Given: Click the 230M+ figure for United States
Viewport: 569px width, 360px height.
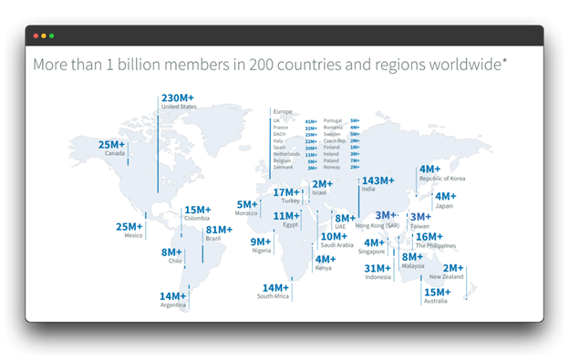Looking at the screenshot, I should click(176, 98).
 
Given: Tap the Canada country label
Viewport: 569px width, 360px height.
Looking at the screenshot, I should click(114, 153).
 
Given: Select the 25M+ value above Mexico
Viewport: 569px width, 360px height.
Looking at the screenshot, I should click(129, 226).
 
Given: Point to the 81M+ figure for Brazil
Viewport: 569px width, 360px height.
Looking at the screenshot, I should click(220, 230).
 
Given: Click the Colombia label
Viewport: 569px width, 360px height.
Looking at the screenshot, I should click(197, 218).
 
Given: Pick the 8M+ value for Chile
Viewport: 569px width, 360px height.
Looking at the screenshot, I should click(171, 252).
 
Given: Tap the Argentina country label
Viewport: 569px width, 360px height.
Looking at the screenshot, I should click(173, 304).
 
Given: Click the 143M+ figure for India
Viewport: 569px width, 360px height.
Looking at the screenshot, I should click(378, 180).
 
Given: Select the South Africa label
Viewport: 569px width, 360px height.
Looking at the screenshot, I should click(273, 296).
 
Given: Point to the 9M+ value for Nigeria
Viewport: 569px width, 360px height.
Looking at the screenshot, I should click(262, 242).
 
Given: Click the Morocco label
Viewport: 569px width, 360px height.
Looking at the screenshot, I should click(246, 213).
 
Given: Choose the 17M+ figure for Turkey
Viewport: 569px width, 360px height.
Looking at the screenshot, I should click(287, 192).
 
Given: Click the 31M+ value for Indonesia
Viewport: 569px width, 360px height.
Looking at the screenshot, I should click(378, 268).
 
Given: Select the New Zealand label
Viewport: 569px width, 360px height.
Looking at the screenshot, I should click(447, 276).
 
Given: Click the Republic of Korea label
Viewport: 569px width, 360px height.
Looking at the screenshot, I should click(441, 179).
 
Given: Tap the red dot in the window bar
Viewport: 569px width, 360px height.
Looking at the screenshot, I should click(36, 36).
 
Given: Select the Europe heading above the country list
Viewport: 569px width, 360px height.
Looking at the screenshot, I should click(283, 111).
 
